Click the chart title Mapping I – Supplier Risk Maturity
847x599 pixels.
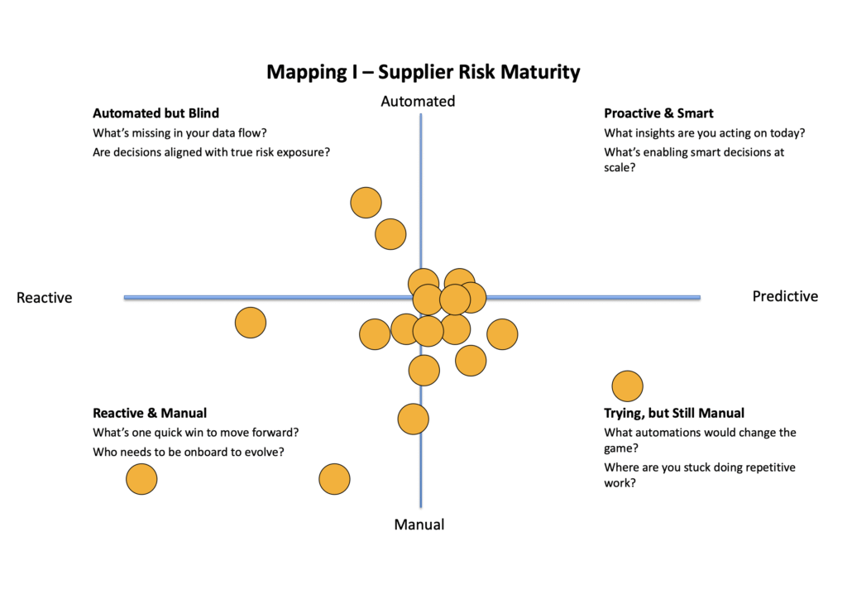(x=423, y=72)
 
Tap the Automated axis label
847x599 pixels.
(x=418, y=101)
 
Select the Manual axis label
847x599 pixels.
(x=419, y=525)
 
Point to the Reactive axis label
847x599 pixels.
(x=45, y=298)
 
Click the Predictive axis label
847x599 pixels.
(x=785, y=296)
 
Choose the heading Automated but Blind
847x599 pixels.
(x=156, y=113)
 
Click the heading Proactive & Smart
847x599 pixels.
(x=658, y=113)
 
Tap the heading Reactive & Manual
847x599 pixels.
(x=150, y=413)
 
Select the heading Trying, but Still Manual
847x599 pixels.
(x=674, y=413)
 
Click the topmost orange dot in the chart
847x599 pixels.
(x=366, y=203)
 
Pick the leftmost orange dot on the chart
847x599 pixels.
(x=141, y=479)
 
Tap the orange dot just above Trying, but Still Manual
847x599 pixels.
(x=627, y=386)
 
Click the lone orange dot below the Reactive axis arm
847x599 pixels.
(x=251, y=323)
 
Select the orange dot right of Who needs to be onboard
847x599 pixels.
(x=334, y=479)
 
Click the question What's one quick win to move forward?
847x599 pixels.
(x=195, y=432)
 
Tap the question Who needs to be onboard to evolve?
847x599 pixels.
(x=189, y=452)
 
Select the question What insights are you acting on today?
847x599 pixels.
(x=705, y=132)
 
